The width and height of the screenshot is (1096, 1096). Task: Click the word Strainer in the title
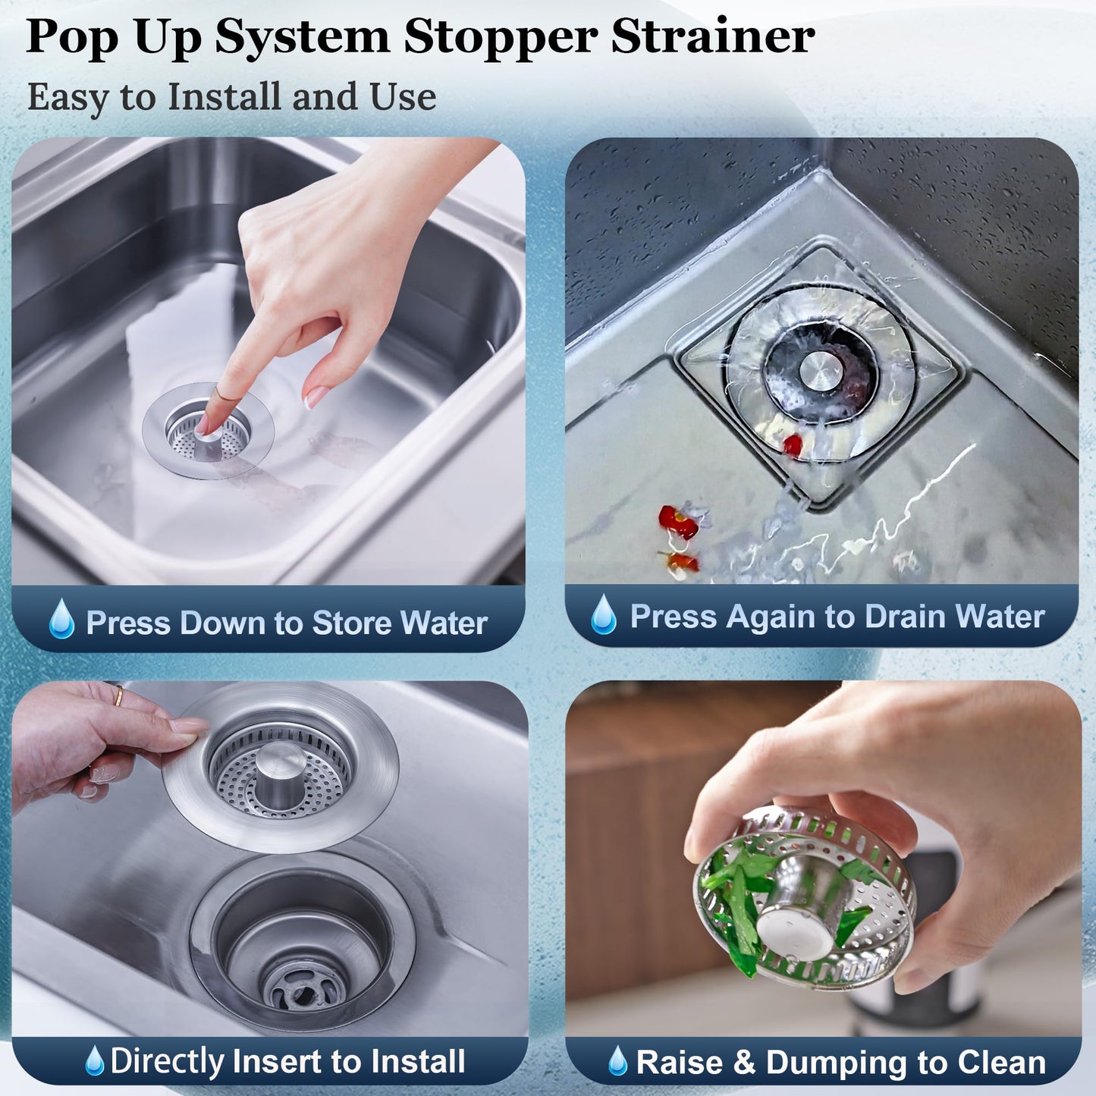click(x=712, y=36)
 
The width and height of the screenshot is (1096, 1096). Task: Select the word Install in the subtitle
click(x=225, y=97)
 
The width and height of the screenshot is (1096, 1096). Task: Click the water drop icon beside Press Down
click(x=61, y=619)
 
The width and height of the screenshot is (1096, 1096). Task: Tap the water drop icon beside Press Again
click(x=604, y=614)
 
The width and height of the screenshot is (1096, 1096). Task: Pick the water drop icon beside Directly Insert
click(x=94, y=1061)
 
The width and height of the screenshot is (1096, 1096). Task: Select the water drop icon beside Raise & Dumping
click(x=618, y=1061)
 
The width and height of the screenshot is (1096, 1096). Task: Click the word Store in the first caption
click(x=352, y=623)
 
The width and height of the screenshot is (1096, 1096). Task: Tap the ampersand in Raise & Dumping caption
click(x=744, y=1063)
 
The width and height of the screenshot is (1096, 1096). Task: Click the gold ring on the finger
click(x=118, y=696)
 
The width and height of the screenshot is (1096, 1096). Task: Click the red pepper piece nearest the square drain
click(x=792, y=445)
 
